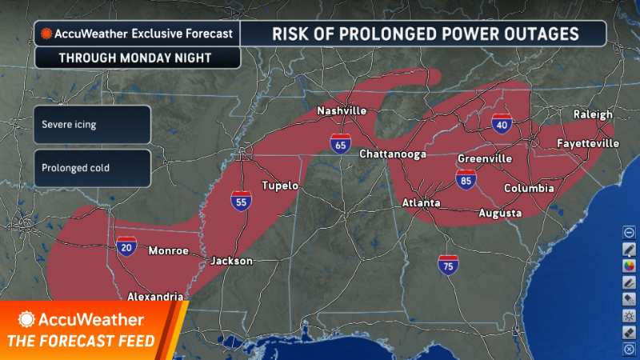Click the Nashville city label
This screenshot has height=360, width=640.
(342, 110)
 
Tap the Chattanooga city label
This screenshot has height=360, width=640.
(392, 154)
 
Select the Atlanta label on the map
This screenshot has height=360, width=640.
(421, 203)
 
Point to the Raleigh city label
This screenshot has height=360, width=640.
(593, 115)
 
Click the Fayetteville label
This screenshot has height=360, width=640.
(588, 143)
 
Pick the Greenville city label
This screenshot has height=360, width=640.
(485, 159)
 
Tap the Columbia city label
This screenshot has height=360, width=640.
(529, 188)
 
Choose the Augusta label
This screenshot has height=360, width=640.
(500, 213)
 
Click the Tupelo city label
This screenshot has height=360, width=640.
(280, 186)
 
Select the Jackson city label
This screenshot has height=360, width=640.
(231, 261)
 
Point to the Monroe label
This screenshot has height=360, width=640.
(169, 250)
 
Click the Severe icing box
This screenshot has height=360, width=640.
(92, 125)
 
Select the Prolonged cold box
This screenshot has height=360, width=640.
(92, 168)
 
